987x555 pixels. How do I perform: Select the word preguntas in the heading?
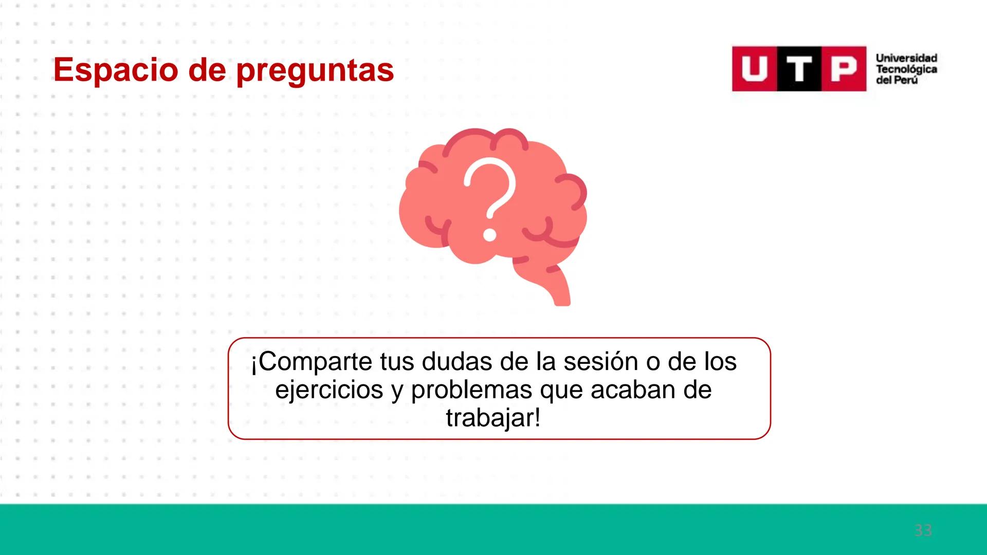click(x=315, y=71)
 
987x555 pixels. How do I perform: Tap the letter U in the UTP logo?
click(x=754, y=69)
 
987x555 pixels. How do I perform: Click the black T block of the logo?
click(x=798, y=69)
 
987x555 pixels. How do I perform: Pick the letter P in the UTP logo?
click(x=844, y=69)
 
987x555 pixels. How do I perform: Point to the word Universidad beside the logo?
click(x=906, y=58)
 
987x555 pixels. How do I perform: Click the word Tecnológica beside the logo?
click(x=906, y=69)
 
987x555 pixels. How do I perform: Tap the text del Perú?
click(x=897, y=81)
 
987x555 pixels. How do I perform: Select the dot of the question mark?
click(x=490, y=235)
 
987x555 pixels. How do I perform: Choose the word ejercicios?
click(x=329, y=390)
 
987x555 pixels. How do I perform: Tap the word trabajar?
click(x=493, y=418)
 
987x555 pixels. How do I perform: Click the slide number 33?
click(x=923, y=530)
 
